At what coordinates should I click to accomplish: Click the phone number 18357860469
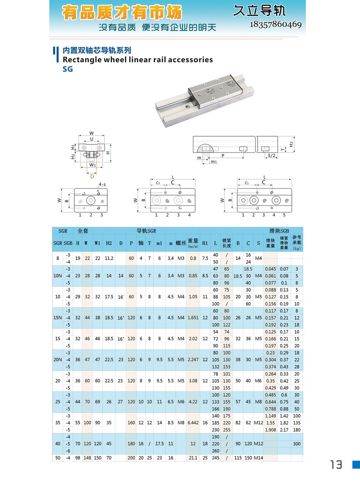276,24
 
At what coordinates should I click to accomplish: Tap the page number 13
336,465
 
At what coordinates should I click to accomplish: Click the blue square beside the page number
356,464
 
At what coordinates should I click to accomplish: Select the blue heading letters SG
68,69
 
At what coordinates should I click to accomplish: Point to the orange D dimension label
92,176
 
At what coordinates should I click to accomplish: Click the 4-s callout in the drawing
102,184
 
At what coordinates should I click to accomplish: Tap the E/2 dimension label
272,156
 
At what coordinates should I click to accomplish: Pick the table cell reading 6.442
193,423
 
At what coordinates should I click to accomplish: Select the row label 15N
58,318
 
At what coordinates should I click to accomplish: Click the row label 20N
58,360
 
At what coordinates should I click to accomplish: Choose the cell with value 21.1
193,458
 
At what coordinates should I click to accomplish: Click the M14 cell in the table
258,458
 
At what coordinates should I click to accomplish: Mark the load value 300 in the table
297,444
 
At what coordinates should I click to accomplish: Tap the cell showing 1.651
193,318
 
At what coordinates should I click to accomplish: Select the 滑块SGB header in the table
279,231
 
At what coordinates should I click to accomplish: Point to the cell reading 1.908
271,430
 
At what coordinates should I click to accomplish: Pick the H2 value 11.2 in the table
109,258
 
